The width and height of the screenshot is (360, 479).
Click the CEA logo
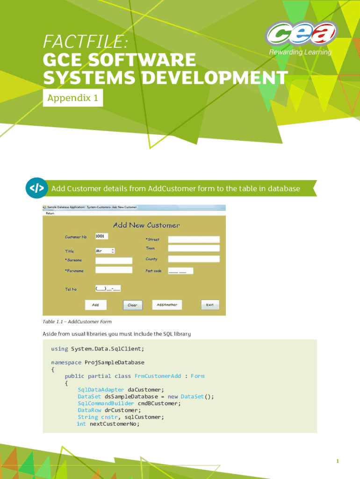pos(302,33)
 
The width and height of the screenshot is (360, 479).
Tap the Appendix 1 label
pos(72,98)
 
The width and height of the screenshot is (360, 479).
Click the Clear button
pos(133,305)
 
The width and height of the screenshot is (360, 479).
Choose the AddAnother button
pos(167,305)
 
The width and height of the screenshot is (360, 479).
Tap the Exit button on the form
pos(210,305)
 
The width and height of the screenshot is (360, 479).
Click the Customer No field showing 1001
pos(105,236)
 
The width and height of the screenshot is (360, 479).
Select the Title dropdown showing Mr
pos(105,251)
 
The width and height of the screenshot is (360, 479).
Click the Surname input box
pos(114,260)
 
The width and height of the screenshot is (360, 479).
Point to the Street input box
pos(194,239)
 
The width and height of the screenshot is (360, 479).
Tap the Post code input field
pos(180,271)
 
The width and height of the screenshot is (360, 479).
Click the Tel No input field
pos(108,288)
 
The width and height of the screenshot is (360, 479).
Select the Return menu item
pos(50,213)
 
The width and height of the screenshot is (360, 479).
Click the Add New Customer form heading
pos(146,225)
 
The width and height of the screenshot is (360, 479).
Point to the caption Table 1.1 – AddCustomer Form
pos(77,322)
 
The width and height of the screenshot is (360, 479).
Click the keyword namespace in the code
pos(66,363)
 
